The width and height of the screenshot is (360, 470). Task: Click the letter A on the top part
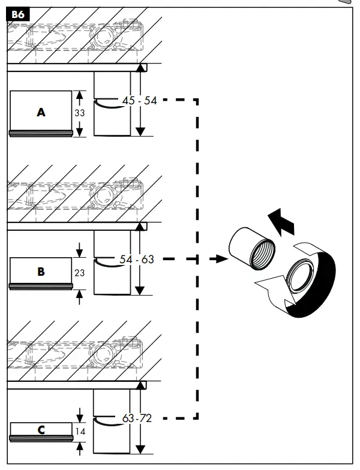pos(41,112)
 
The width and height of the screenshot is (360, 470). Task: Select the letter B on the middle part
pos(41,272)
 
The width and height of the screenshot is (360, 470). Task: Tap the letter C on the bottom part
pos(41,430)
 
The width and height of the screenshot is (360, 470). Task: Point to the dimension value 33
pos(80,113)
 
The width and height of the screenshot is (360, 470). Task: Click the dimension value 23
pos(80,272)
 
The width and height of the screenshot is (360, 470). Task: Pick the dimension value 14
pos(80,430)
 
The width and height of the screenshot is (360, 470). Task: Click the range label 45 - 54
pos(139,101)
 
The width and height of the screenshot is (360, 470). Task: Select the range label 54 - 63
pos(137,260)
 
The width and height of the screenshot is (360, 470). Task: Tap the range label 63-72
pos(137,418)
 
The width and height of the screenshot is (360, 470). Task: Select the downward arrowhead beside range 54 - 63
pos(140,291)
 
